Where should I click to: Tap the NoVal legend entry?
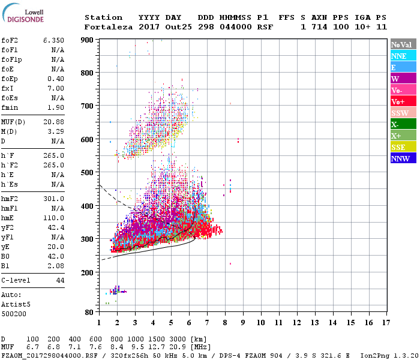coord(403,44)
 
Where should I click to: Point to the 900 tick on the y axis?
coord(87,40)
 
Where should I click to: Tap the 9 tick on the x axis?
coord(243,322)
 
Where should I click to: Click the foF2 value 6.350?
coord(53,40)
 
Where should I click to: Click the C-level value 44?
coord(60,280)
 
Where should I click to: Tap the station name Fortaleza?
coord(108,27)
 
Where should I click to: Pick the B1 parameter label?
coord(6,265)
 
